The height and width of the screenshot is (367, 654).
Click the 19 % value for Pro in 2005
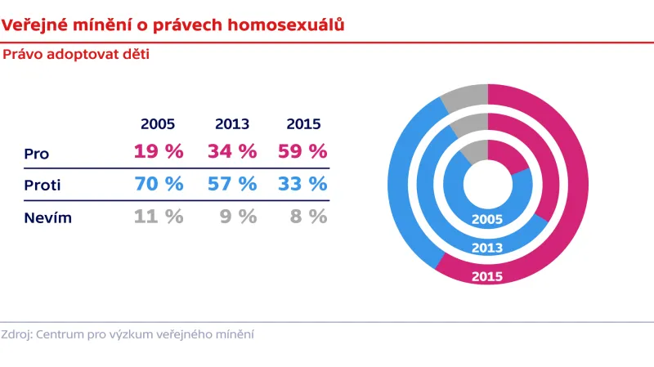coord(158,152)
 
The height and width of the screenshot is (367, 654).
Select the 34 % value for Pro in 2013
coord(232,152)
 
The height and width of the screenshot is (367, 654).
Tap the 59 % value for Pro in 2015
coord(303,152)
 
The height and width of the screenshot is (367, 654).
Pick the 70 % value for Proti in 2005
coord(158,185)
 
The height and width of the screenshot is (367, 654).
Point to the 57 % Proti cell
coord(232,185)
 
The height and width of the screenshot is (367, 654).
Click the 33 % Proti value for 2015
coord(303,185)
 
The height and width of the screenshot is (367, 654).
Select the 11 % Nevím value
coord(158,217)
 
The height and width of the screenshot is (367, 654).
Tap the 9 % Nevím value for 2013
coord(240,217)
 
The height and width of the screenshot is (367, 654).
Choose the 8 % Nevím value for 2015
coord(310,217)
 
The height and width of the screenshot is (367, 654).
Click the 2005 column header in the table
coord(158,124)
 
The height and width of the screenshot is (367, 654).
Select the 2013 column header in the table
coord(232,124)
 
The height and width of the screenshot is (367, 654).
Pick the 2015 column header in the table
coord(303,124)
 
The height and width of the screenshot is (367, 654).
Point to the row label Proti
coord(43,186)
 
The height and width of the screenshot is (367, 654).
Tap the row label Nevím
coord(47,218)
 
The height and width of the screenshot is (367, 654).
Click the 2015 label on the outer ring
coord(487,275)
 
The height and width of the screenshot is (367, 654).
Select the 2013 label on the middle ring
coord(487,248)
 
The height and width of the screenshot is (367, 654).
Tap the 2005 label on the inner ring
coord(487,219)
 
